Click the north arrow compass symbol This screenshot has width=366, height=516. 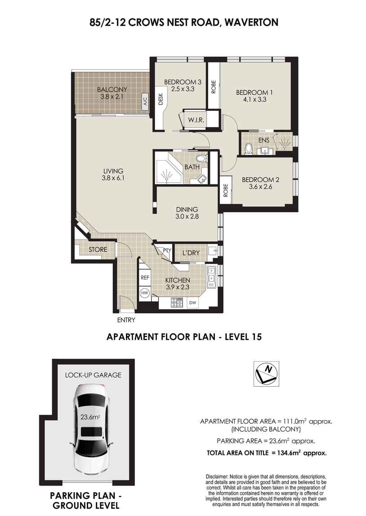(266, 373)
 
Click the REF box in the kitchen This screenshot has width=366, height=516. (145, 278)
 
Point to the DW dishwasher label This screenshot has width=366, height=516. (192, 302)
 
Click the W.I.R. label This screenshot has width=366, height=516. (196, 120)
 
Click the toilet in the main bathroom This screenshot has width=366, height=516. (202, 157)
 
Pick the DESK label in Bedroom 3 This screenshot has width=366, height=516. (161, 99)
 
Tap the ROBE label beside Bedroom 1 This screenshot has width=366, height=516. (213, 87)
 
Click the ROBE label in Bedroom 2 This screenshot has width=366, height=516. (226, 190)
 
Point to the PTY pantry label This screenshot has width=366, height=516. (167, 250)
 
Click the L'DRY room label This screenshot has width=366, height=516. (191, 253)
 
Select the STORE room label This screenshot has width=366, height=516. (98, 250)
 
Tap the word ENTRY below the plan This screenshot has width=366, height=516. (126, 320)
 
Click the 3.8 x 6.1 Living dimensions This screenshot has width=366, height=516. (113, 179)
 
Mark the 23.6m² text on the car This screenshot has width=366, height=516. (90, 417)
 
